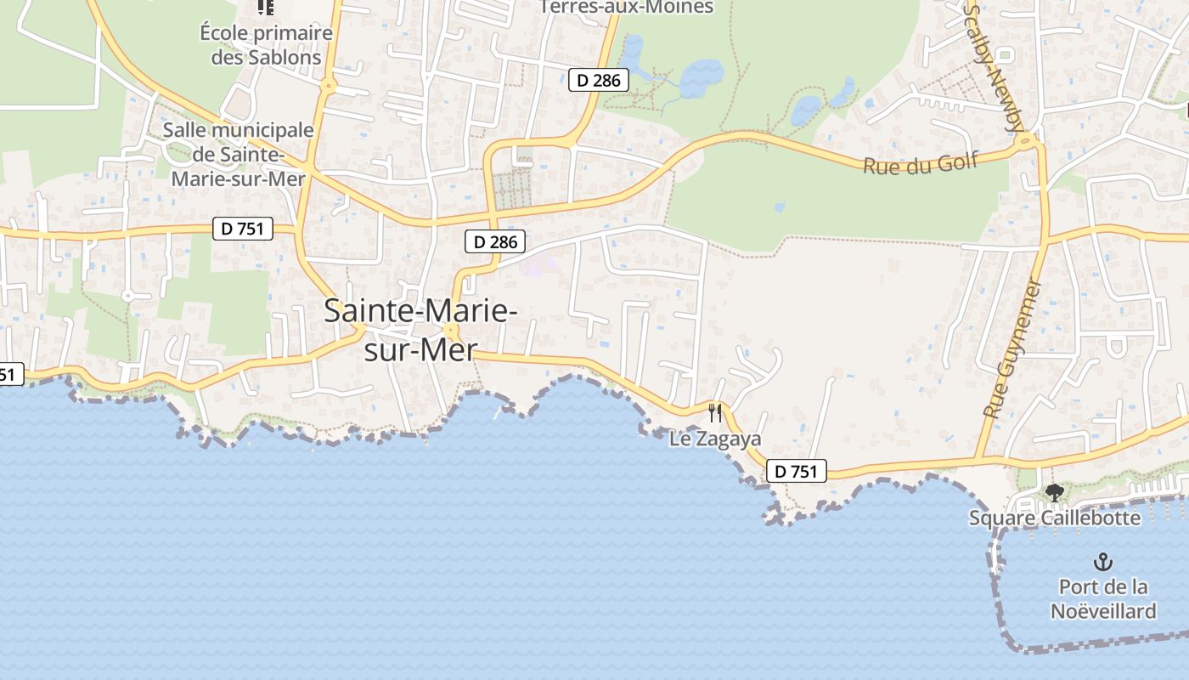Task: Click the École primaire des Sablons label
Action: (266, 45)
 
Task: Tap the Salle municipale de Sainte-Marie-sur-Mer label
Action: (238, 155)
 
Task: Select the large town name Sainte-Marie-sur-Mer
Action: (420, 330)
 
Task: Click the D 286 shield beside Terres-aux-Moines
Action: (598, 81)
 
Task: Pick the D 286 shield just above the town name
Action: (495, 241)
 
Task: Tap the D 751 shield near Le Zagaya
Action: (796, 471)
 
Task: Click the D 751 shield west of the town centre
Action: (242, 228)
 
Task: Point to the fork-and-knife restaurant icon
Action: (715, 413)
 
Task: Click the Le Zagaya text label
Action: (715, 439)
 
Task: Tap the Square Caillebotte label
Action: (1055, 518)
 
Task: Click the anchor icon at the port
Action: (1102, 562)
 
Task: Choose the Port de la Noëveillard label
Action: (1103, 598)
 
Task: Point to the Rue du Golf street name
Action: (921, 162)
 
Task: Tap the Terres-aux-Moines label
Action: (627, 8)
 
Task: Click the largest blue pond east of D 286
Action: (701, 77)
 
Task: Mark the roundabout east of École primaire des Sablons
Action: (328, 86)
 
